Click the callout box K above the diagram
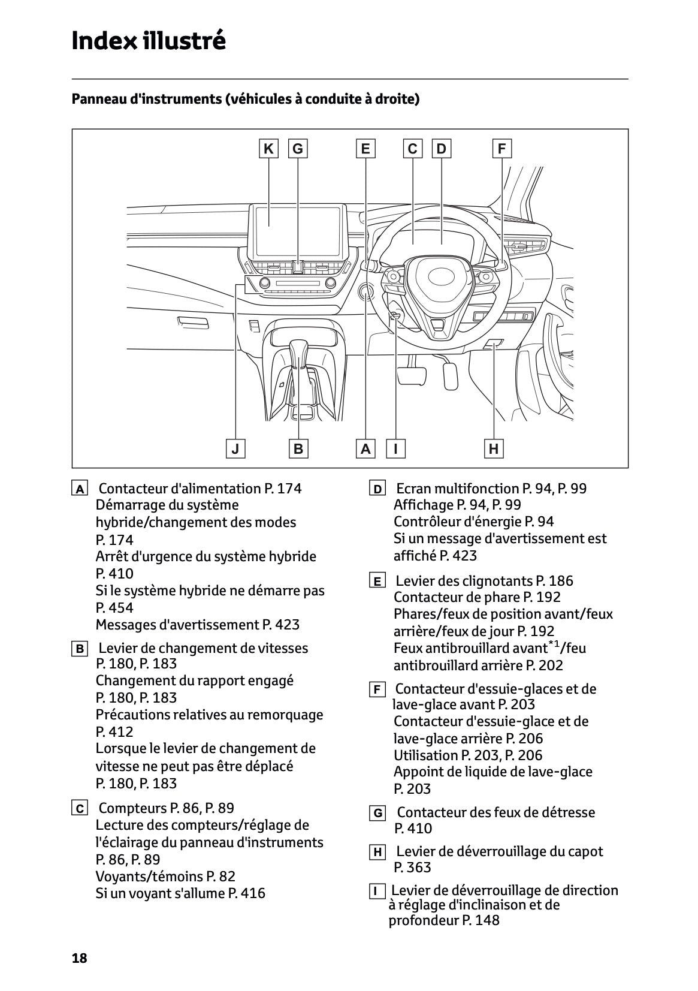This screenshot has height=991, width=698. click(268, 149)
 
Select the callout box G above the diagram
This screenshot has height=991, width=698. click(298, 149)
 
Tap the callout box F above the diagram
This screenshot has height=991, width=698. click(501, 149)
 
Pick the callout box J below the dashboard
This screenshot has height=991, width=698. click(235, 448)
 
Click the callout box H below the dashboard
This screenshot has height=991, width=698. click(493, 448)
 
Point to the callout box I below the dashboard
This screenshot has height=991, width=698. click(395, 448)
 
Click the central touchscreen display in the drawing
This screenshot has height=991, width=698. click(298, 225)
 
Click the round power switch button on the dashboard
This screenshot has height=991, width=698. click(365, 292)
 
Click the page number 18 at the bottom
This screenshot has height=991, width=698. click(80, 958)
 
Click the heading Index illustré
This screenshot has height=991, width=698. click(149, 41)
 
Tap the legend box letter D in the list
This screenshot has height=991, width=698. click(377, 489)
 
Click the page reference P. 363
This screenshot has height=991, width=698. click(413, 867)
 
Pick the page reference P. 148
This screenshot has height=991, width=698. click(481, 920)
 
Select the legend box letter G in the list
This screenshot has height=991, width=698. click(377, 814)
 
